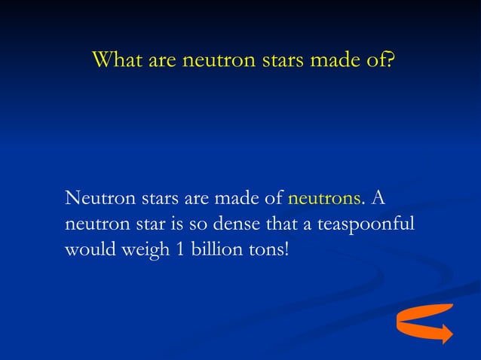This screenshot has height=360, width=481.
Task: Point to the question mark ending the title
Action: tap(388, 59)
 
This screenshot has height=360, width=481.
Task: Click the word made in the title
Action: tap(326, 59)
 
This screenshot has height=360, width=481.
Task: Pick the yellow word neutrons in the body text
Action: tap(324, 198)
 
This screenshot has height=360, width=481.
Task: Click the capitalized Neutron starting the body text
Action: tap(97, 198)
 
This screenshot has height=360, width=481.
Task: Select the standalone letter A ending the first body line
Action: tap(378, 198)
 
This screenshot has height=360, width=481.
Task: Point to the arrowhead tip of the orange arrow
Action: tap(450, 334)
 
